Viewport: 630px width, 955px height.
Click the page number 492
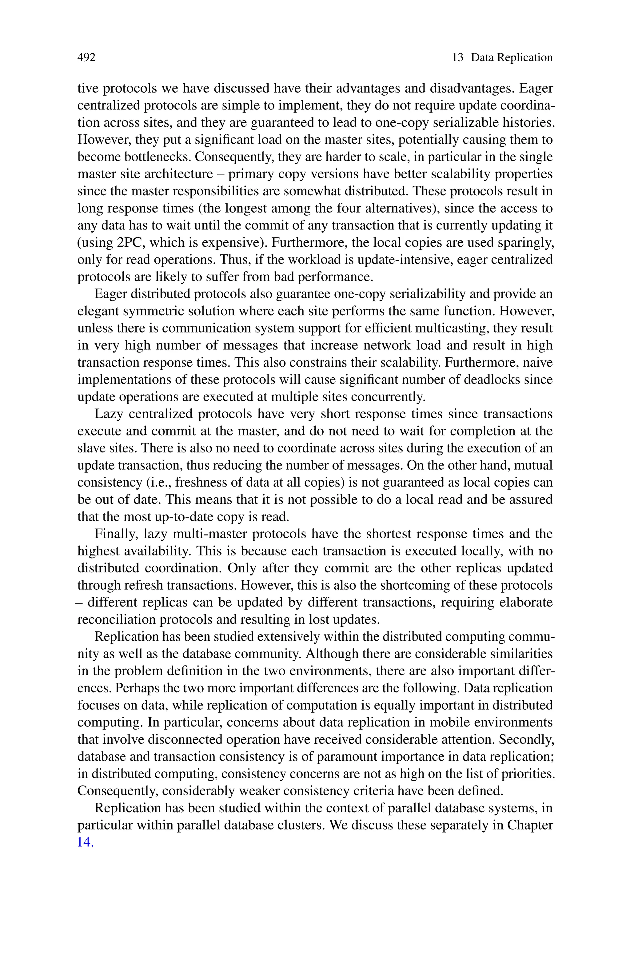pyautogui.click(x=86, y=58)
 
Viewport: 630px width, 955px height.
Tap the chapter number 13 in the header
pyautogui.click(x=458, y=58)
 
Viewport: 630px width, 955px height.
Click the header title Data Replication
pyautogui.click(x=512, y=58)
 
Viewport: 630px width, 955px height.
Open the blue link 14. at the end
pyautogui.click(x=85, y=842)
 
